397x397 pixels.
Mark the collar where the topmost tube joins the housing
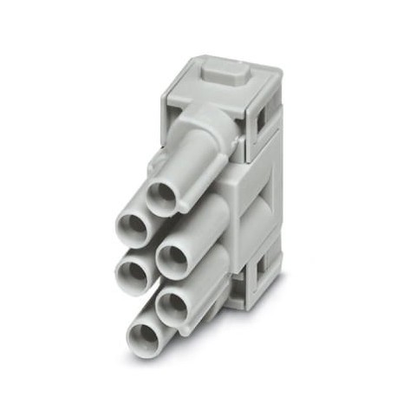(x=225, y=139)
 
